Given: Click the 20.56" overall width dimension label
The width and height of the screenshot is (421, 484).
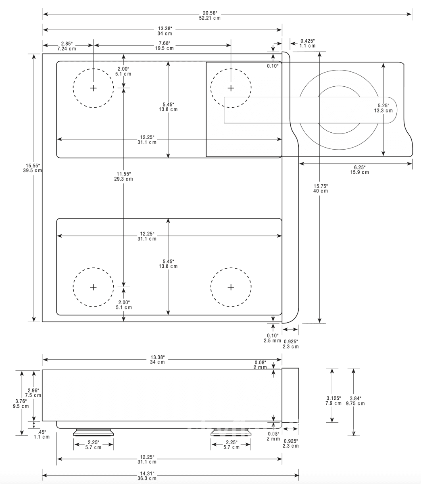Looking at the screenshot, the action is (x=210, y=15).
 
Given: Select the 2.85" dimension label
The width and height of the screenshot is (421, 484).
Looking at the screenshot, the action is (x=67, y=46).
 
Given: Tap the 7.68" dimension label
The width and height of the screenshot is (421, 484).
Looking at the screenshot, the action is (x=165, y=46).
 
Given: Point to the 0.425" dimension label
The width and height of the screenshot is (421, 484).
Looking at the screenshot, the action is (x=307, y=43).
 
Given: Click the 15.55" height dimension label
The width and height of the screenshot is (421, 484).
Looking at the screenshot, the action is (x=33, y=168).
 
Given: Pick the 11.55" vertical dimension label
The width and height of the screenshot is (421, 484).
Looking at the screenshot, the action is (x=123, y=177).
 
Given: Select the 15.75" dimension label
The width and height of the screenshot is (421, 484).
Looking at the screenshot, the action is (x=321, y=188).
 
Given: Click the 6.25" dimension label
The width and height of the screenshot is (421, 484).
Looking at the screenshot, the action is (x=360, y=170).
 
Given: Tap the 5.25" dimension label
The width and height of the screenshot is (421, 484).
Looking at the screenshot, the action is (x=383, y=108).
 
